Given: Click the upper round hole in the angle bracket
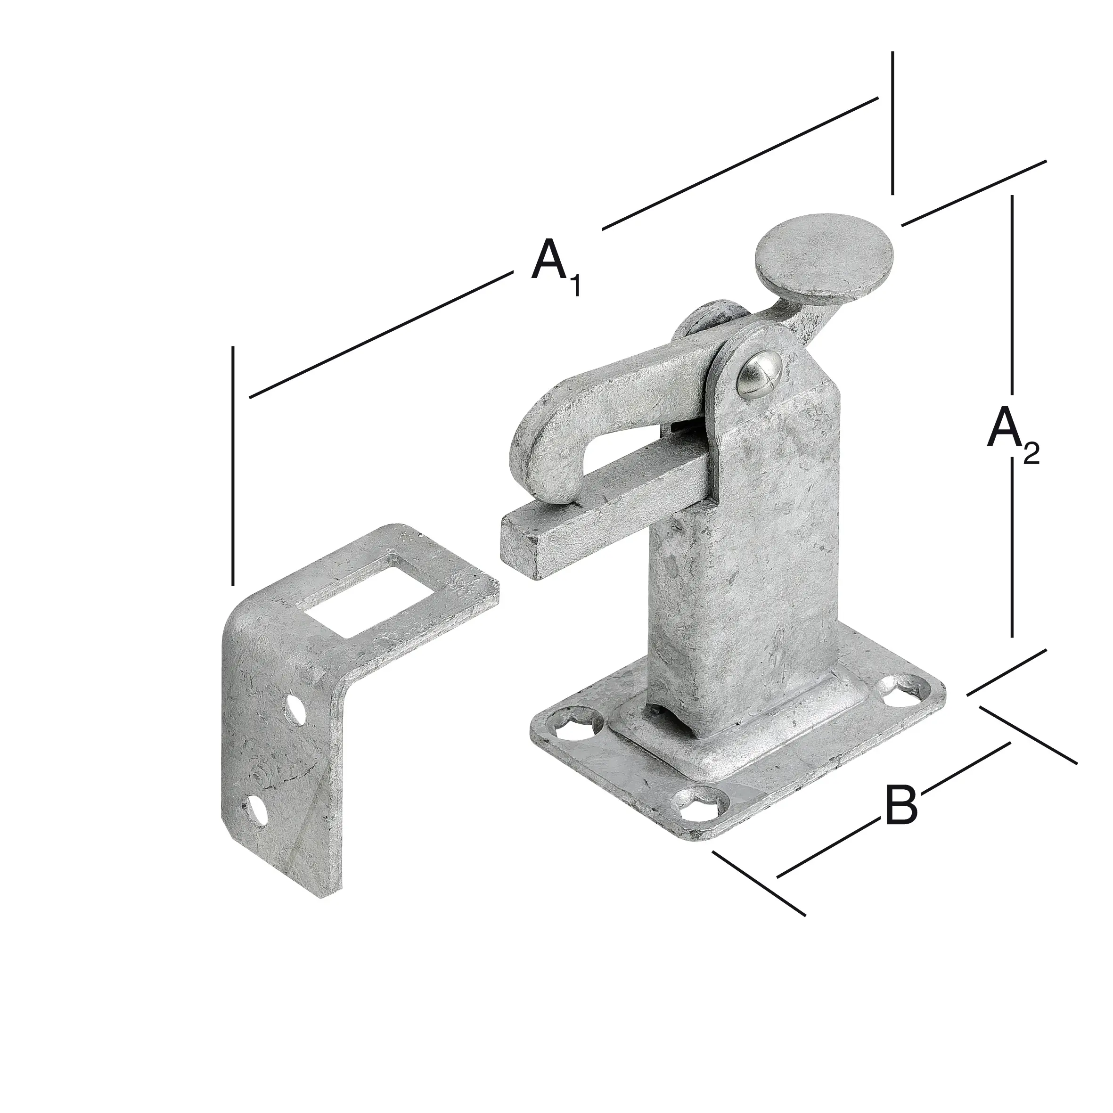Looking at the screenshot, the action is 297,710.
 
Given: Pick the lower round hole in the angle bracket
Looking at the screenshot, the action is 257,810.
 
